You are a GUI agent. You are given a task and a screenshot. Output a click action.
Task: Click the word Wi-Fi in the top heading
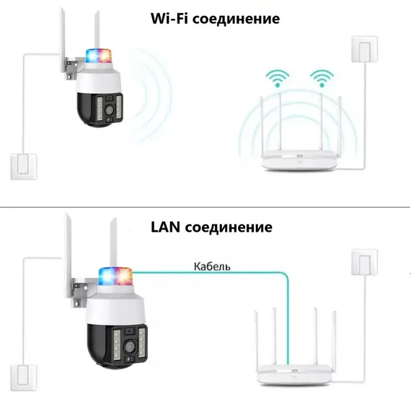[x=169, y=18]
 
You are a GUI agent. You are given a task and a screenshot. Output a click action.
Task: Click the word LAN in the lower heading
[x=166, y=227]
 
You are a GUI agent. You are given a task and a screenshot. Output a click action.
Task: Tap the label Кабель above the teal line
[x=212, y=266]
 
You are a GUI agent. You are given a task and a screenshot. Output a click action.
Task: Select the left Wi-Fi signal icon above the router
[x=278, y=78]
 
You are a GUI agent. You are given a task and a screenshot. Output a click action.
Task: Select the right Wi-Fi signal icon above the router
[x=322, y=78]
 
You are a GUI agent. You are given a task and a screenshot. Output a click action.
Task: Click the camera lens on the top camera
[x=110, y=110]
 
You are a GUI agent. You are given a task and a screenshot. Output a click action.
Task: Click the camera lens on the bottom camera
[x=129, y=347]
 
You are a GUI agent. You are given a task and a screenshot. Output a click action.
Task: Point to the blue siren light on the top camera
[x=92, y=56]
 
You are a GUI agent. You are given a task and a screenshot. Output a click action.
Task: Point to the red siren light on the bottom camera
[x=124, y=276]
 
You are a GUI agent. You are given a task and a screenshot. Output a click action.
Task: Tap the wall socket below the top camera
[x=24, y=167]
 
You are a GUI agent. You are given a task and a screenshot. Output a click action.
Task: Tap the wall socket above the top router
[x=364, y=49]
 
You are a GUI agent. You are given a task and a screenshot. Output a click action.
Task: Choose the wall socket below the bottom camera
[x=23, y=378]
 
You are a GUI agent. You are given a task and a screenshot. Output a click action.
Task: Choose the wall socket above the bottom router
[x=364, y=262]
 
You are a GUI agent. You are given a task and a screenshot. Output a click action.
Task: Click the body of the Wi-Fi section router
[x=299, y=160]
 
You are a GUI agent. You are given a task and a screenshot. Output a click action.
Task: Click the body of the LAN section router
[x=295, y=375]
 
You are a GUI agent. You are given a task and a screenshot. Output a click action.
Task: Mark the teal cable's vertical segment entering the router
[x=288, y=320]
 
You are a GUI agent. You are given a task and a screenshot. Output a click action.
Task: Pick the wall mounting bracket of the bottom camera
[x=79, y=292]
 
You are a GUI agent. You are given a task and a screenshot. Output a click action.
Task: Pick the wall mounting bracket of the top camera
[x=72, y=69]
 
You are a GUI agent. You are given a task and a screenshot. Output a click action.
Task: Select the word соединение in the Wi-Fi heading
[x=237, y=19]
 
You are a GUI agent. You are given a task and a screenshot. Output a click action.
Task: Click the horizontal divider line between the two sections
[x=205, y=207]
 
